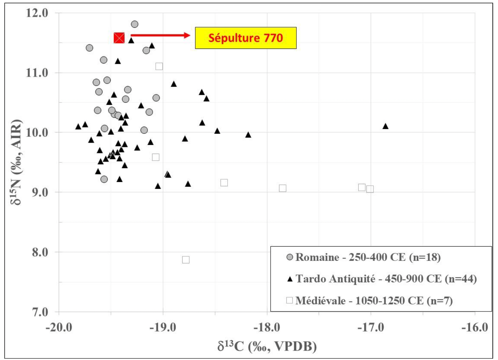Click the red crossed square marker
[x=119, y=38]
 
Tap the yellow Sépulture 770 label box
[x=246, y=38]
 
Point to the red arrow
[x=161, y=35]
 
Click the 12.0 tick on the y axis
[x=37, y=13]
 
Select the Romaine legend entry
[x=363, y=257]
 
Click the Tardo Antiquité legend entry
[x=382, y=279]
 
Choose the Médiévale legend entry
[x=369, y=301]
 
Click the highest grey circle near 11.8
[x=135, y=24]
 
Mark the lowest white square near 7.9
[x=186, y=260]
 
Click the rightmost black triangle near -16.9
[x=385, y=126]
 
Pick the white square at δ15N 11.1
[x=159, y=66]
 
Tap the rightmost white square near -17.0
[x=370, y=189]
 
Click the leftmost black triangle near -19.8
[x=78, y=126]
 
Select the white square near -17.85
[x=283, y=188]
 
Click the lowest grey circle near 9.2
[x=104, y=179]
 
